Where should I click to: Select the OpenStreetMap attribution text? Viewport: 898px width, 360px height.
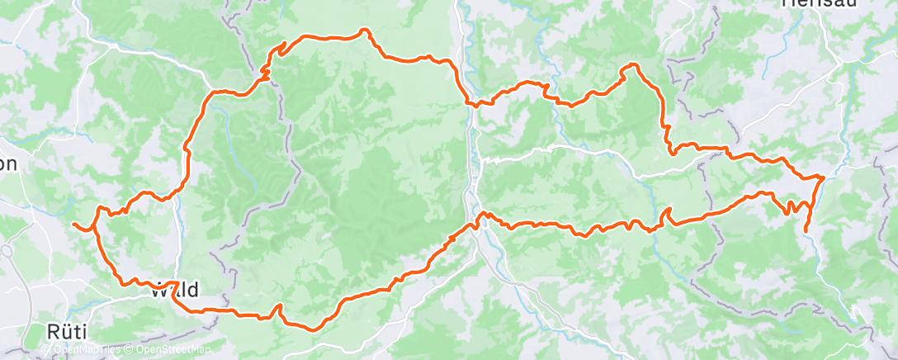(x=176, y=350)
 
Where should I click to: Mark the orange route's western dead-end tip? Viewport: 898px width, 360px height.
(x=73, y=224)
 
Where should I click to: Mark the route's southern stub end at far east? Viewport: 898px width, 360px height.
(x=806, y=230)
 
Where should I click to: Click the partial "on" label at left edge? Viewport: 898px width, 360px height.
(x=8, y=163)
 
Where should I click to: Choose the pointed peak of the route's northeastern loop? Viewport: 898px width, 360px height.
(x=632, y=65)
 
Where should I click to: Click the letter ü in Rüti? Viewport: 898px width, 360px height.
(x=64, y=332)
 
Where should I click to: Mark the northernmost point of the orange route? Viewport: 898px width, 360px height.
(x=362, y=31)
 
